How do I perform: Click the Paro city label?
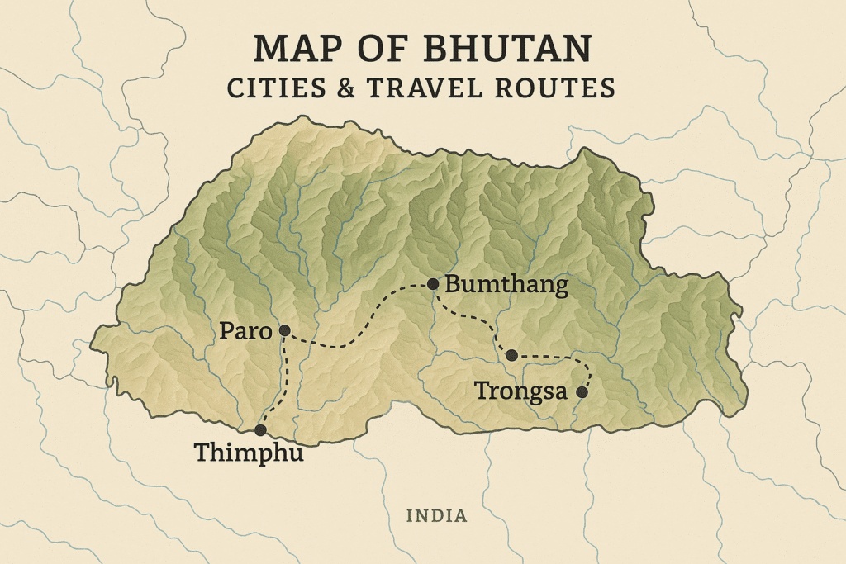[245, 332]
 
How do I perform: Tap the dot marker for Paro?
[284, 330]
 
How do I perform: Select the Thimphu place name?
[249, 453]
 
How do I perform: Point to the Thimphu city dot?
[260, 430]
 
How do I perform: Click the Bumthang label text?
[506, 286]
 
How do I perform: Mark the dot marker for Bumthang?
[433, 284]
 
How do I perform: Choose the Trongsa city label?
[520, 391]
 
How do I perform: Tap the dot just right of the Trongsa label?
[582, 392]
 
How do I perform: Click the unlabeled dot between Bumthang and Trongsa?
[511, 355]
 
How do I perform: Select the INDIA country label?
[436, 516]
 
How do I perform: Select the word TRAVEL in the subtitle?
[442, 88]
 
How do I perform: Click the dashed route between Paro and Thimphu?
[283, 380]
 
